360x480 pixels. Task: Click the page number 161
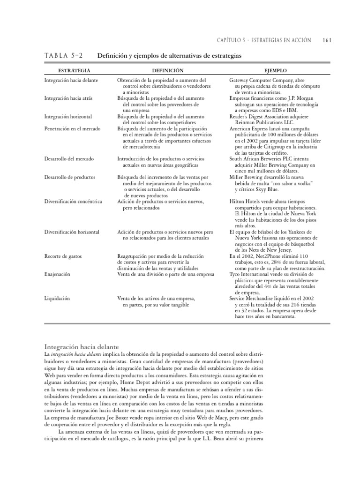(327, 40)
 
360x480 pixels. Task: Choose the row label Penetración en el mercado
(72, 128)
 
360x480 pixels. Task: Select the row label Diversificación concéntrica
(73, 202)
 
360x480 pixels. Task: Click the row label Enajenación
(58, 274)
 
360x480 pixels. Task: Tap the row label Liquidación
(57, 298)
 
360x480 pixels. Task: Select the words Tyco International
(249, 274)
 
